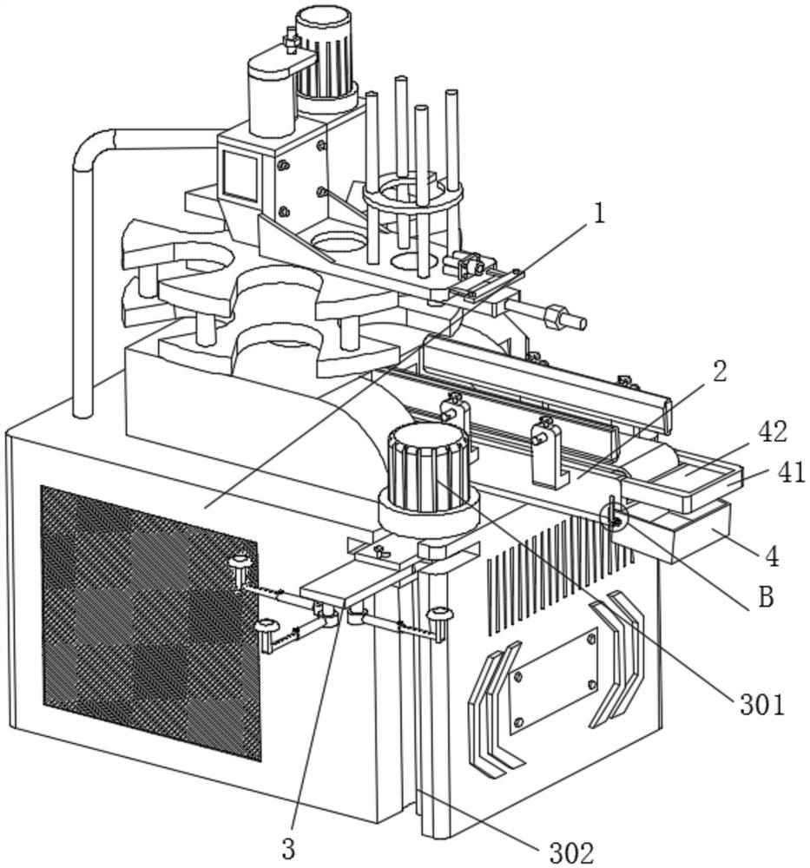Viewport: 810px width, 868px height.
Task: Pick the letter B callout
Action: (x=765, y=598)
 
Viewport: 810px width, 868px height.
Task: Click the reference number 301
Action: (x=761, y=704)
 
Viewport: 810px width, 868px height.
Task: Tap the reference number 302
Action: (x=571, y=852)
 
